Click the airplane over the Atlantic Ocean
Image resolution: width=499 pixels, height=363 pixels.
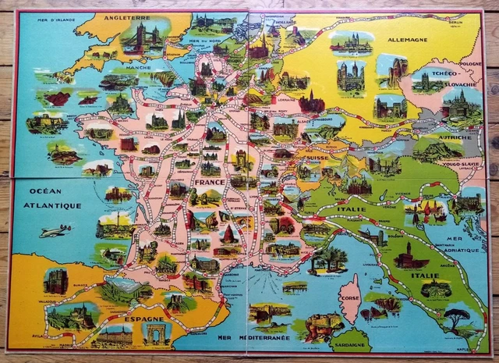[x=56, y=230]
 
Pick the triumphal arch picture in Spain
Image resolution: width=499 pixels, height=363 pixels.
[x=156, y=335]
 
